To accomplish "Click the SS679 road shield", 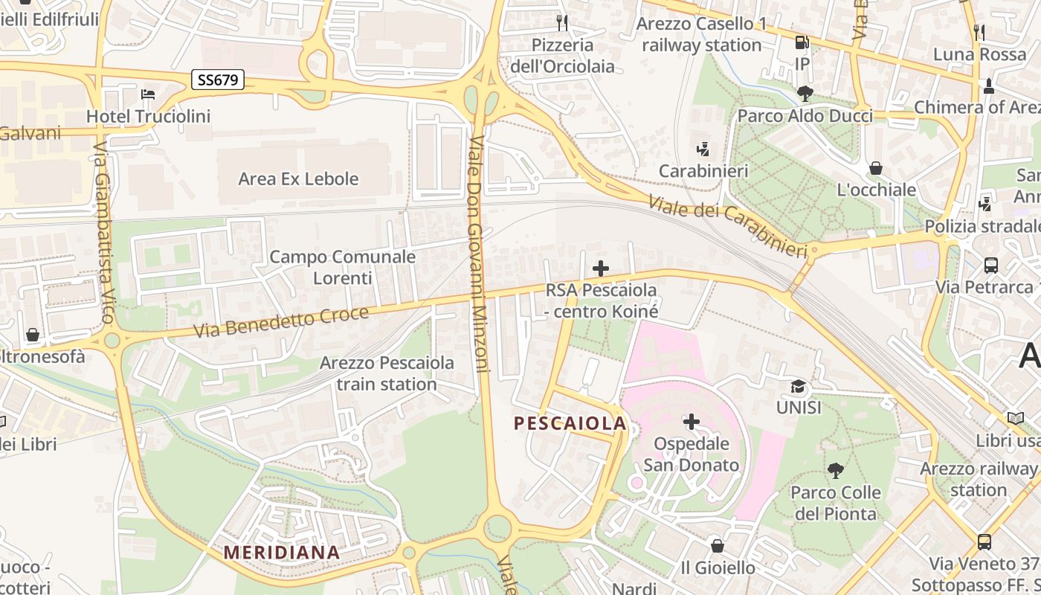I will click(218, 80).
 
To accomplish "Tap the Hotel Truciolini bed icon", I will click(148, 94).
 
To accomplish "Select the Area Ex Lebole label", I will click(298, 178).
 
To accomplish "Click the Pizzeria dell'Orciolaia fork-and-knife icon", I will click(562, 23).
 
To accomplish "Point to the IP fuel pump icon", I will click(802, 43).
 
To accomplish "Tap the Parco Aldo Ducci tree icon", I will click(805, 93).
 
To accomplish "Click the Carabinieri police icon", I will click(703, 149).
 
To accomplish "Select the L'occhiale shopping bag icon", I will click(876, 168).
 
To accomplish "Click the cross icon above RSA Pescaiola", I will click(601, 268).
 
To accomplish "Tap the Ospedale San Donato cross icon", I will click(692, 422).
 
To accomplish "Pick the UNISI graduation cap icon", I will click(799, 386).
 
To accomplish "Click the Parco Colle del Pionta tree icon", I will click(836, 470).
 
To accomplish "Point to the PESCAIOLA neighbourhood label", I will click(570, 423).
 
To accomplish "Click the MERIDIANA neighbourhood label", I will click(282, 553).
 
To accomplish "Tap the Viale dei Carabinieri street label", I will click(727, 227).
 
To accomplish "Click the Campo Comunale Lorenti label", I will click(342, 267).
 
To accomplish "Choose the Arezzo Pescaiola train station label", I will click(387, 373).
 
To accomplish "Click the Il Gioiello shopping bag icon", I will click(718, 546).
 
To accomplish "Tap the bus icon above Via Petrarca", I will click(990, 265).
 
